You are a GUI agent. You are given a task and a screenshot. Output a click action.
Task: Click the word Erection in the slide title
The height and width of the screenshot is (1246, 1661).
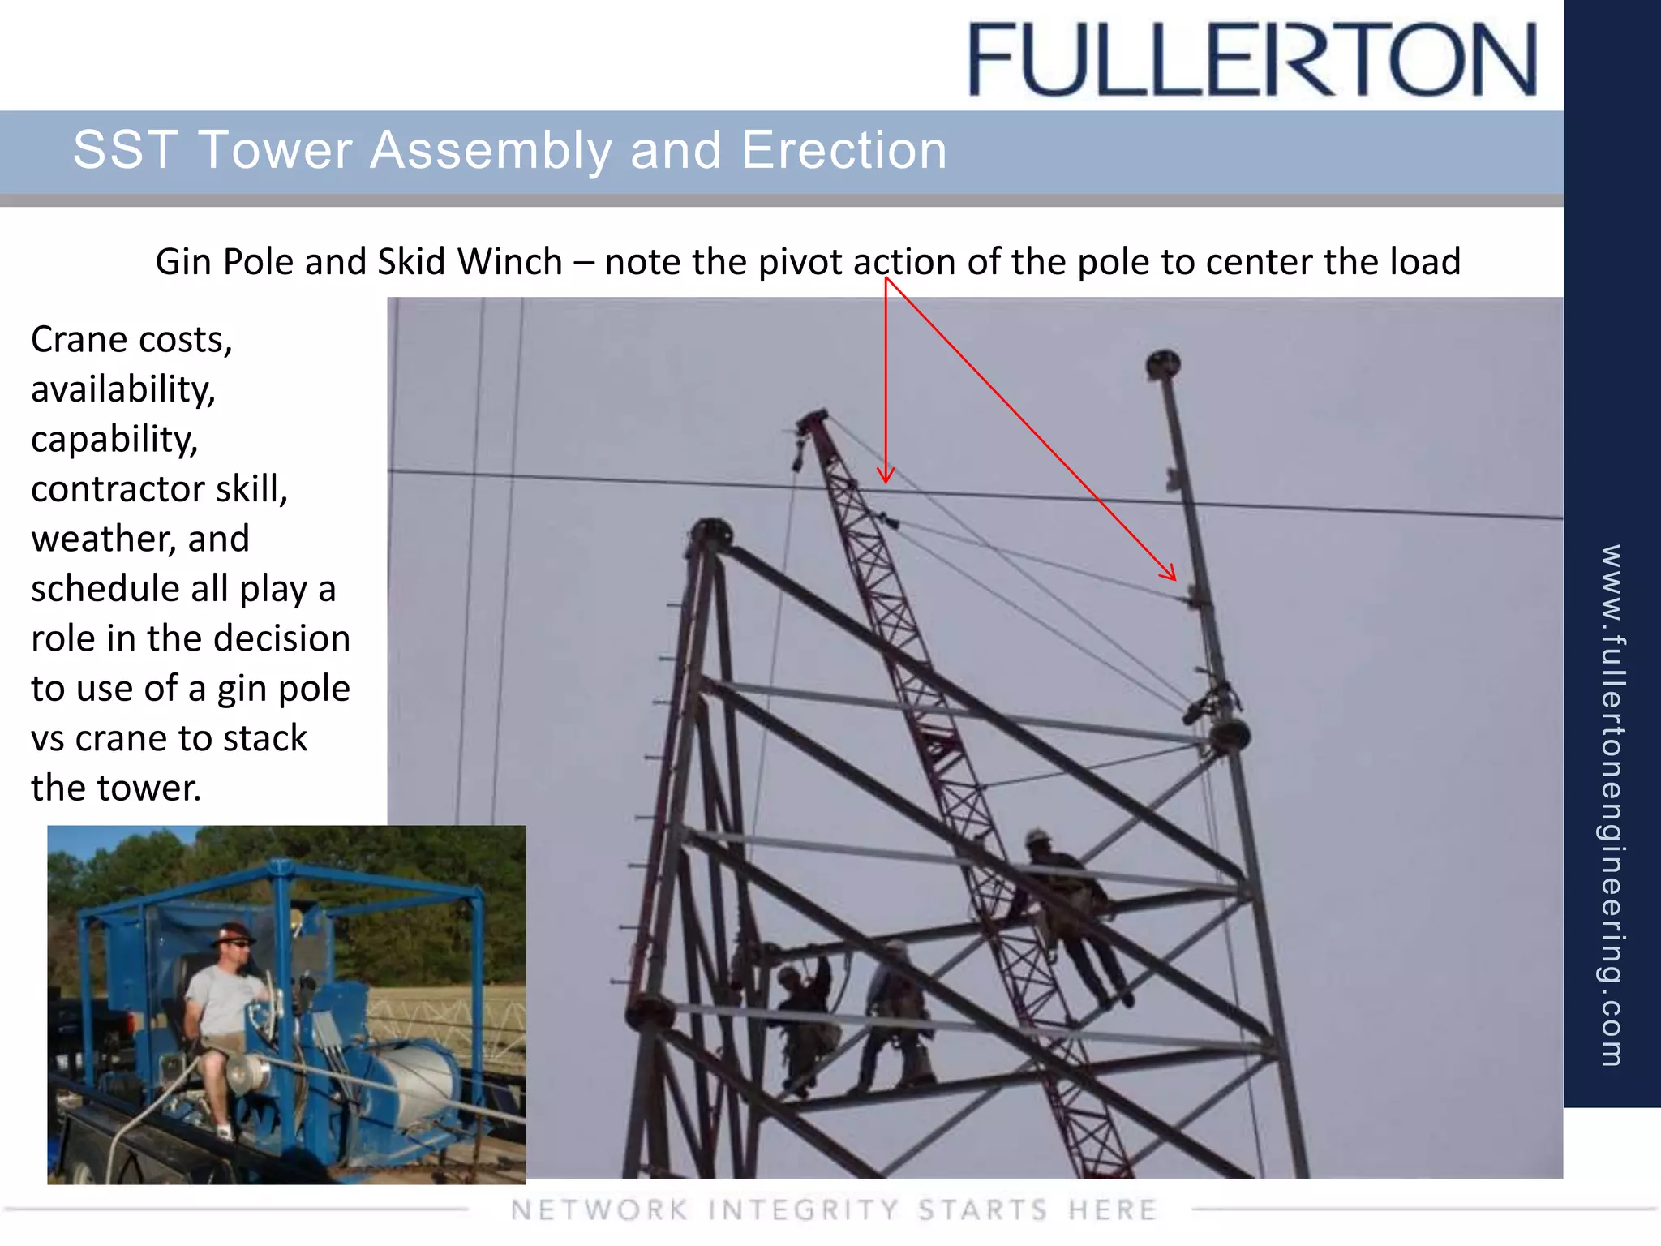tap(843, 150)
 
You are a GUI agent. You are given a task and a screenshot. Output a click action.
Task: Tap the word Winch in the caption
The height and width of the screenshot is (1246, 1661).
tap(509, 262)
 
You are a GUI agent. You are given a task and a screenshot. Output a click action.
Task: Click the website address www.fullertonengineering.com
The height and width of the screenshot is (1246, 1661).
tap(1612, 803)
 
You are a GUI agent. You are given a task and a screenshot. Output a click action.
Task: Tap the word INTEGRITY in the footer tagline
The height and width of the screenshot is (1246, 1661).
tap(803, 1209)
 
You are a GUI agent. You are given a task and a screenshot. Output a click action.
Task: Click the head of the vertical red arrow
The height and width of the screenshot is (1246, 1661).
tap(886, 477)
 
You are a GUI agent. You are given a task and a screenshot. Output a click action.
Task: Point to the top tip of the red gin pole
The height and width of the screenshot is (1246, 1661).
tap(812, 417)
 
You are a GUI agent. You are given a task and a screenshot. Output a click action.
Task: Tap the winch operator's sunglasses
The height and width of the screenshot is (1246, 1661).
tap(238, 943)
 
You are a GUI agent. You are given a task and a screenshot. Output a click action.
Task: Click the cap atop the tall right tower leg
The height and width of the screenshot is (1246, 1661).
tap(1163, 363)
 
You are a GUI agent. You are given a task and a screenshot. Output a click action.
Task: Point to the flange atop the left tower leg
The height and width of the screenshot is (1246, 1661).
tap(710, 532)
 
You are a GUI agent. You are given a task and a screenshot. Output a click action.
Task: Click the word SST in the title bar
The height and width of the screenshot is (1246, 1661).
tap(125, 150)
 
